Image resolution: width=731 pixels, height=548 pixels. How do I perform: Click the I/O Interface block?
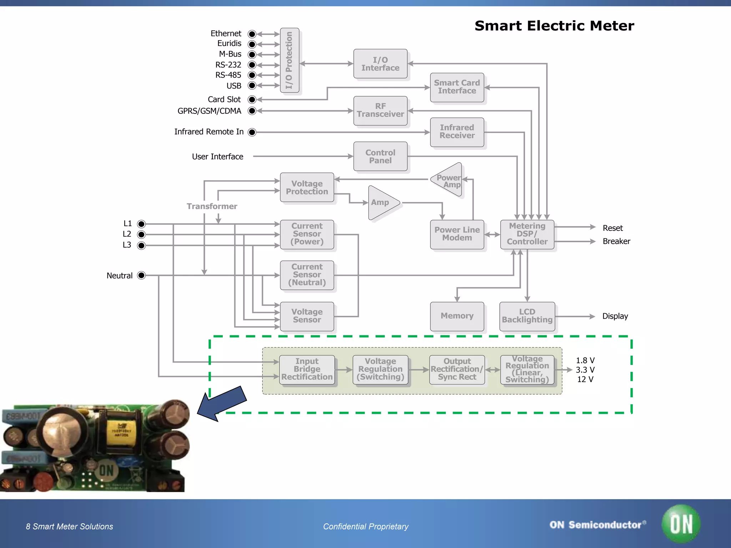pos(380,64)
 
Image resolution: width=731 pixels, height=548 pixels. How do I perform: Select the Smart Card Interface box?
pos(457,87)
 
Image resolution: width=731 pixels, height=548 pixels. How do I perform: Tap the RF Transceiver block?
pos(380,110)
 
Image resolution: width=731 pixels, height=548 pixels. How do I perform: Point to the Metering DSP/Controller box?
pos(527,234)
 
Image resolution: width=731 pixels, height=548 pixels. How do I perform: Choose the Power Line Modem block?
pos(457,234)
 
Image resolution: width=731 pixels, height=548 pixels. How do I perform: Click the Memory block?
pos(457,316)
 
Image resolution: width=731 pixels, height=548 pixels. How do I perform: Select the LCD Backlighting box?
pos(527,316)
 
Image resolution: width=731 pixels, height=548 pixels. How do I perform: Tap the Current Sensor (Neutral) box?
pos(307,275)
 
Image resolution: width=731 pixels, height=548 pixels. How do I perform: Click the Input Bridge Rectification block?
pos(307,369)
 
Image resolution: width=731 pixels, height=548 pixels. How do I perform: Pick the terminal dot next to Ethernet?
pos(252,34)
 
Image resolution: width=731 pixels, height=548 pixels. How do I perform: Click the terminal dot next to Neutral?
pos(141,275)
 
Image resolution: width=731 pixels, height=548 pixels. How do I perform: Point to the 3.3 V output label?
pos(585,370)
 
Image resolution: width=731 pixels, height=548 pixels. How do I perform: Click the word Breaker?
pos(616,242)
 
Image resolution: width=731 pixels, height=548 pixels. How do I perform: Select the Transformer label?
pos(212,206)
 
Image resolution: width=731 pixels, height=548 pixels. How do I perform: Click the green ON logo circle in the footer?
pos(681,524)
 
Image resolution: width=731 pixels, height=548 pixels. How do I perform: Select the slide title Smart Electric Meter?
pos(554,26)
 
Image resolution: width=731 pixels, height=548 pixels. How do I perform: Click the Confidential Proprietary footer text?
pos(365,527)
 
